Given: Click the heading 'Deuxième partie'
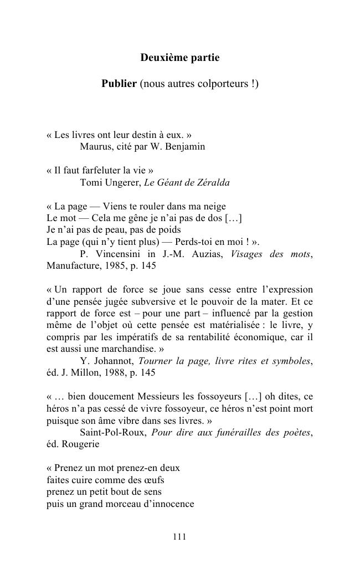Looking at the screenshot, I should [x=179, y=58].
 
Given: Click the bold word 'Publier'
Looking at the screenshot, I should [x=119, y=84].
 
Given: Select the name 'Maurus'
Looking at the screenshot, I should [x=96, y=147].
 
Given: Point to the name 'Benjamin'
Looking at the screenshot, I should [x=186, y=147].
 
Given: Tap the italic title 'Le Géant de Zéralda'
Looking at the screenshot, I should [x=188, y=183].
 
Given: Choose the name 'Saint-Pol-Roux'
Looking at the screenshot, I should [x=113, y=433].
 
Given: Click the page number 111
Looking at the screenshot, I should [x=179, y=536].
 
